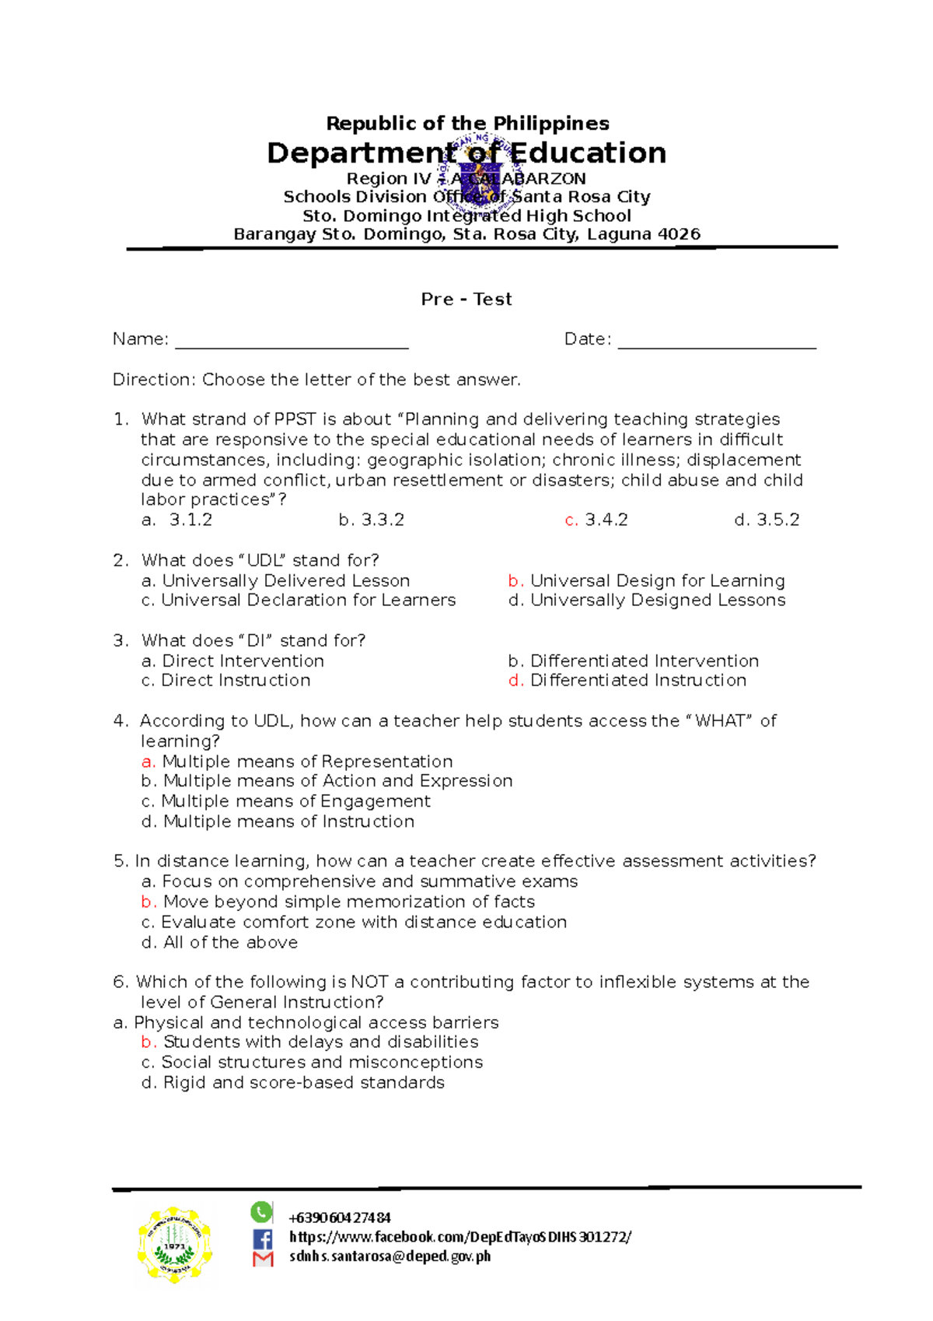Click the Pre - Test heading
click(466, 300)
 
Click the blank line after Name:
click(292, 342)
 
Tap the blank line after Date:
click(716, 342)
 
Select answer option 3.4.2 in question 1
click(597, 520)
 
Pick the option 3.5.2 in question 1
click(767, 520)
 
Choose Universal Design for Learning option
click(647, 580)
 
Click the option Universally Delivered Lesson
click(276, 580)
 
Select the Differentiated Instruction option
click(627, 680)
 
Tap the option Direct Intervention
click(233, 660)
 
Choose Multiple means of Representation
click(298, 761)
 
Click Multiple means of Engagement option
click(286, 801)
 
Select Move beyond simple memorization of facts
click(339, 902)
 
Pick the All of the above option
click(220, 942)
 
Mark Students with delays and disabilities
click(310, 1042)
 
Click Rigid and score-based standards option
click(293, 1082)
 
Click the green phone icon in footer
click(261, 1211)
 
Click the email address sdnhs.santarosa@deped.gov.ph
click(390, 1256)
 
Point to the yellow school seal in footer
click(174, 1245)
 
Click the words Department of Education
click(466, 153)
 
